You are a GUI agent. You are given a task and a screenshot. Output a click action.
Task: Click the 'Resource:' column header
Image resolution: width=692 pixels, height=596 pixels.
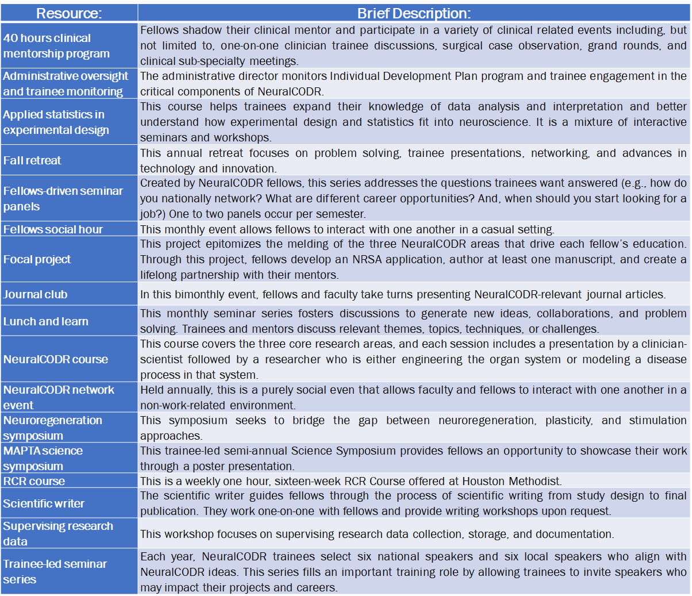pos(69,13)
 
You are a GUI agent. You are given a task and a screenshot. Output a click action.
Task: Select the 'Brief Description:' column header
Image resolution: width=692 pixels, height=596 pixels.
pos(414,13)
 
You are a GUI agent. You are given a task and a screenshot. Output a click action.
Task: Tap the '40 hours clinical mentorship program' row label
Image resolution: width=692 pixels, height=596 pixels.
pos(56,45)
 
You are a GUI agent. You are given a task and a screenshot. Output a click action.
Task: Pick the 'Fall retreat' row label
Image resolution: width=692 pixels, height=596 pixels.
pos(32,160)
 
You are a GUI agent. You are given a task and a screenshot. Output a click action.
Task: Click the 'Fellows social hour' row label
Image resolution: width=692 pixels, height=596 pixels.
pos(53,229)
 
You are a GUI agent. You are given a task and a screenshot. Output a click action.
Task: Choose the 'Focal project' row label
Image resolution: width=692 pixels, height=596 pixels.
pos(37,259)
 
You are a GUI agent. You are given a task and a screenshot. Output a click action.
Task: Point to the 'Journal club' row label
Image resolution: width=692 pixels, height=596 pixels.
pos(36,294)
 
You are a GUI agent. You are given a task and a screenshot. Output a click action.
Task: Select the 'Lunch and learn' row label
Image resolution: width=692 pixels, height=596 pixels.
pos(46,321)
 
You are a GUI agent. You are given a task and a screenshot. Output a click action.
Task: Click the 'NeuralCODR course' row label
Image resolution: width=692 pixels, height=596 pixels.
pos(56,359)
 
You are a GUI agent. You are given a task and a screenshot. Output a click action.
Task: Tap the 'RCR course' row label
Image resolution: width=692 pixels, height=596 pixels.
pos(34,481)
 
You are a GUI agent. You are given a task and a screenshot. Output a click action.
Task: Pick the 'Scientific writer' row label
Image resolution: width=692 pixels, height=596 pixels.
pos(44,503)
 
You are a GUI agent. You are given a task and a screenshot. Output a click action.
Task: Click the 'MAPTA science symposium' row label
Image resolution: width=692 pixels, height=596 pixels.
pos(43,458)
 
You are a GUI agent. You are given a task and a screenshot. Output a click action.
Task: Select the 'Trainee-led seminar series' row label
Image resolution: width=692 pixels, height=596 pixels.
pos(55,571)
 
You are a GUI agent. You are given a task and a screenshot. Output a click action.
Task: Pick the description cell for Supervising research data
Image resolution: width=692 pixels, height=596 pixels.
pos(377,534)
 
